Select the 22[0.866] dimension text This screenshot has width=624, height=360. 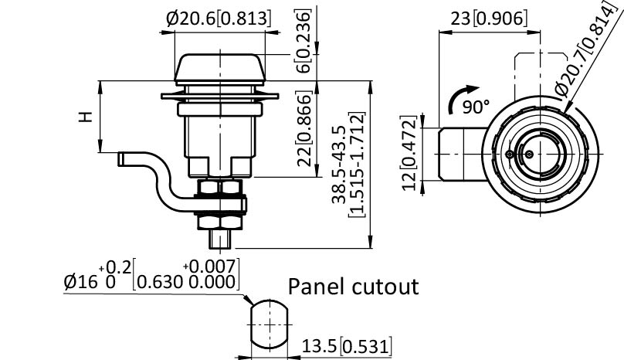pos(304,127)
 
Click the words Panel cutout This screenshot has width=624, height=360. pos(353,287)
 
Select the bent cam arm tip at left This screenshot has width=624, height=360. pos(124,158)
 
